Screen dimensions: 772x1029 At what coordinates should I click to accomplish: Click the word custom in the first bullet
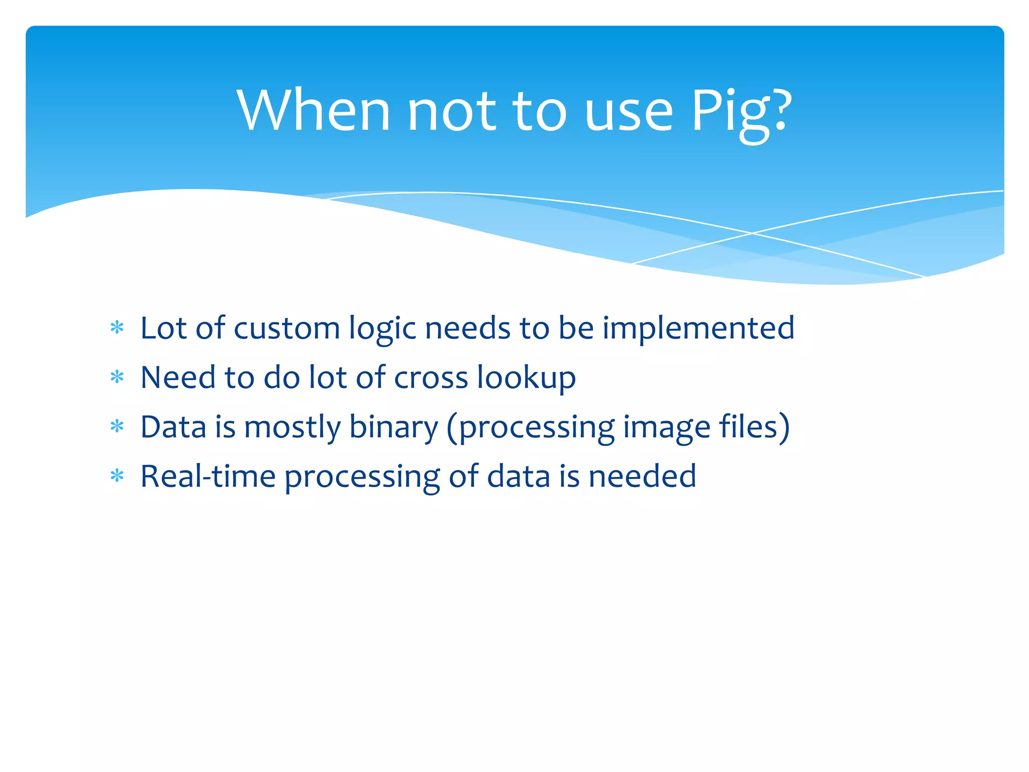pyautogui.click(x=287, y=328)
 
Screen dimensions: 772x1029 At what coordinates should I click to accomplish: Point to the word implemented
pyautogui.click(x=698, y=329)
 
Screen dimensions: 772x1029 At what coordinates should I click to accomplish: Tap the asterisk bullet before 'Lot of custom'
pyautogui.click(x=117, y=328)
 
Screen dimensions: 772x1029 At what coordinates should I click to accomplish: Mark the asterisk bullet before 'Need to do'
pyautogui.click(x=117, y=377)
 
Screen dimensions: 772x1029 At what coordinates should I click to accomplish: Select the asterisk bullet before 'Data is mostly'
pyautogui.click(x=117, y=427)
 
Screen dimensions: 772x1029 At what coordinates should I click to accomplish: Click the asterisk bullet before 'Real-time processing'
pyautogui.click(x=117, y=476)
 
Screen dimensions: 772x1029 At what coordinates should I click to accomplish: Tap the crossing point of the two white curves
pyautogui.click(x=752, y=233)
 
